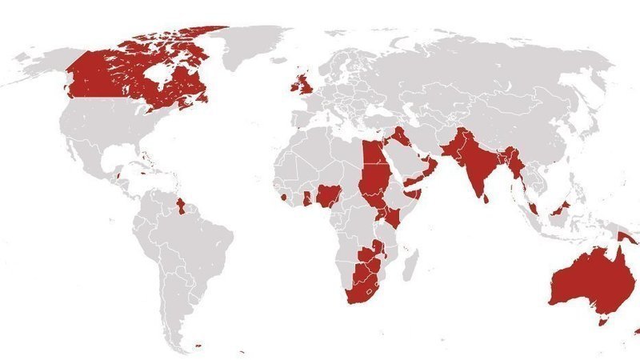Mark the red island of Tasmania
(x=601, y=320)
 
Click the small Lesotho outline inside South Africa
(x=369, y=293)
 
